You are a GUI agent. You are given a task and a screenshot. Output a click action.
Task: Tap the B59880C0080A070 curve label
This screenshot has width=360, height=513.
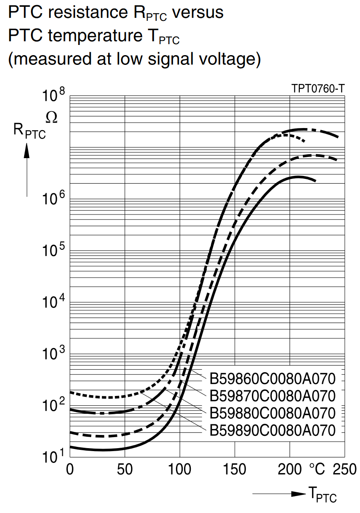pos(273,413)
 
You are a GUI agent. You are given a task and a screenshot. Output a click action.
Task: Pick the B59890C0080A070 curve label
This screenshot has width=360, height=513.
pos(273,430)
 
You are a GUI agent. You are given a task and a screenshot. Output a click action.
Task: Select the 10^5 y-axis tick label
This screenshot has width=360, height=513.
pos(53,251)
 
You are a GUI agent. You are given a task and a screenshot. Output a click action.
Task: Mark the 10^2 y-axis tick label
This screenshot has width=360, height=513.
pos(53,406)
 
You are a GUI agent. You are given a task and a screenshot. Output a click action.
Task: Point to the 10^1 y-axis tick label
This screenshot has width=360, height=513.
pos(53,457)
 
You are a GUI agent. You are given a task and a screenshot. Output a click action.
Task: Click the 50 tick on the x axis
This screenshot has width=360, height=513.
pos(125,469)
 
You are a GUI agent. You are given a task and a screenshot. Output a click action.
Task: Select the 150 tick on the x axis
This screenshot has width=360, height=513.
pos(234,469)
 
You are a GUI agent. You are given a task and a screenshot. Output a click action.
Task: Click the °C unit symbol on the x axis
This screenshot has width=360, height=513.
pos(317,469)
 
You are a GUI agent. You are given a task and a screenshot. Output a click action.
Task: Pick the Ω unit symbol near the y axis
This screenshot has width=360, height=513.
pos(52,117)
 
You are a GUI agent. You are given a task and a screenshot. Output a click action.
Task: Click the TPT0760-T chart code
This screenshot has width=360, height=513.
pos(318,89)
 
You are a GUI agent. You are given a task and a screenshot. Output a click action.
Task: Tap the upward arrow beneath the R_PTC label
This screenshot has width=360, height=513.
pos(27,170)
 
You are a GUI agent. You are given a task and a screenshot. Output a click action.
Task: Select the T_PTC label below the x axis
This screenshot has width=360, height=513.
pos(322,494)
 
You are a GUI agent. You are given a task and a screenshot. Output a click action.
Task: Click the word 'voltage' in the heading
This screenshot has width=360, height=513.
pos(227,59)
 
